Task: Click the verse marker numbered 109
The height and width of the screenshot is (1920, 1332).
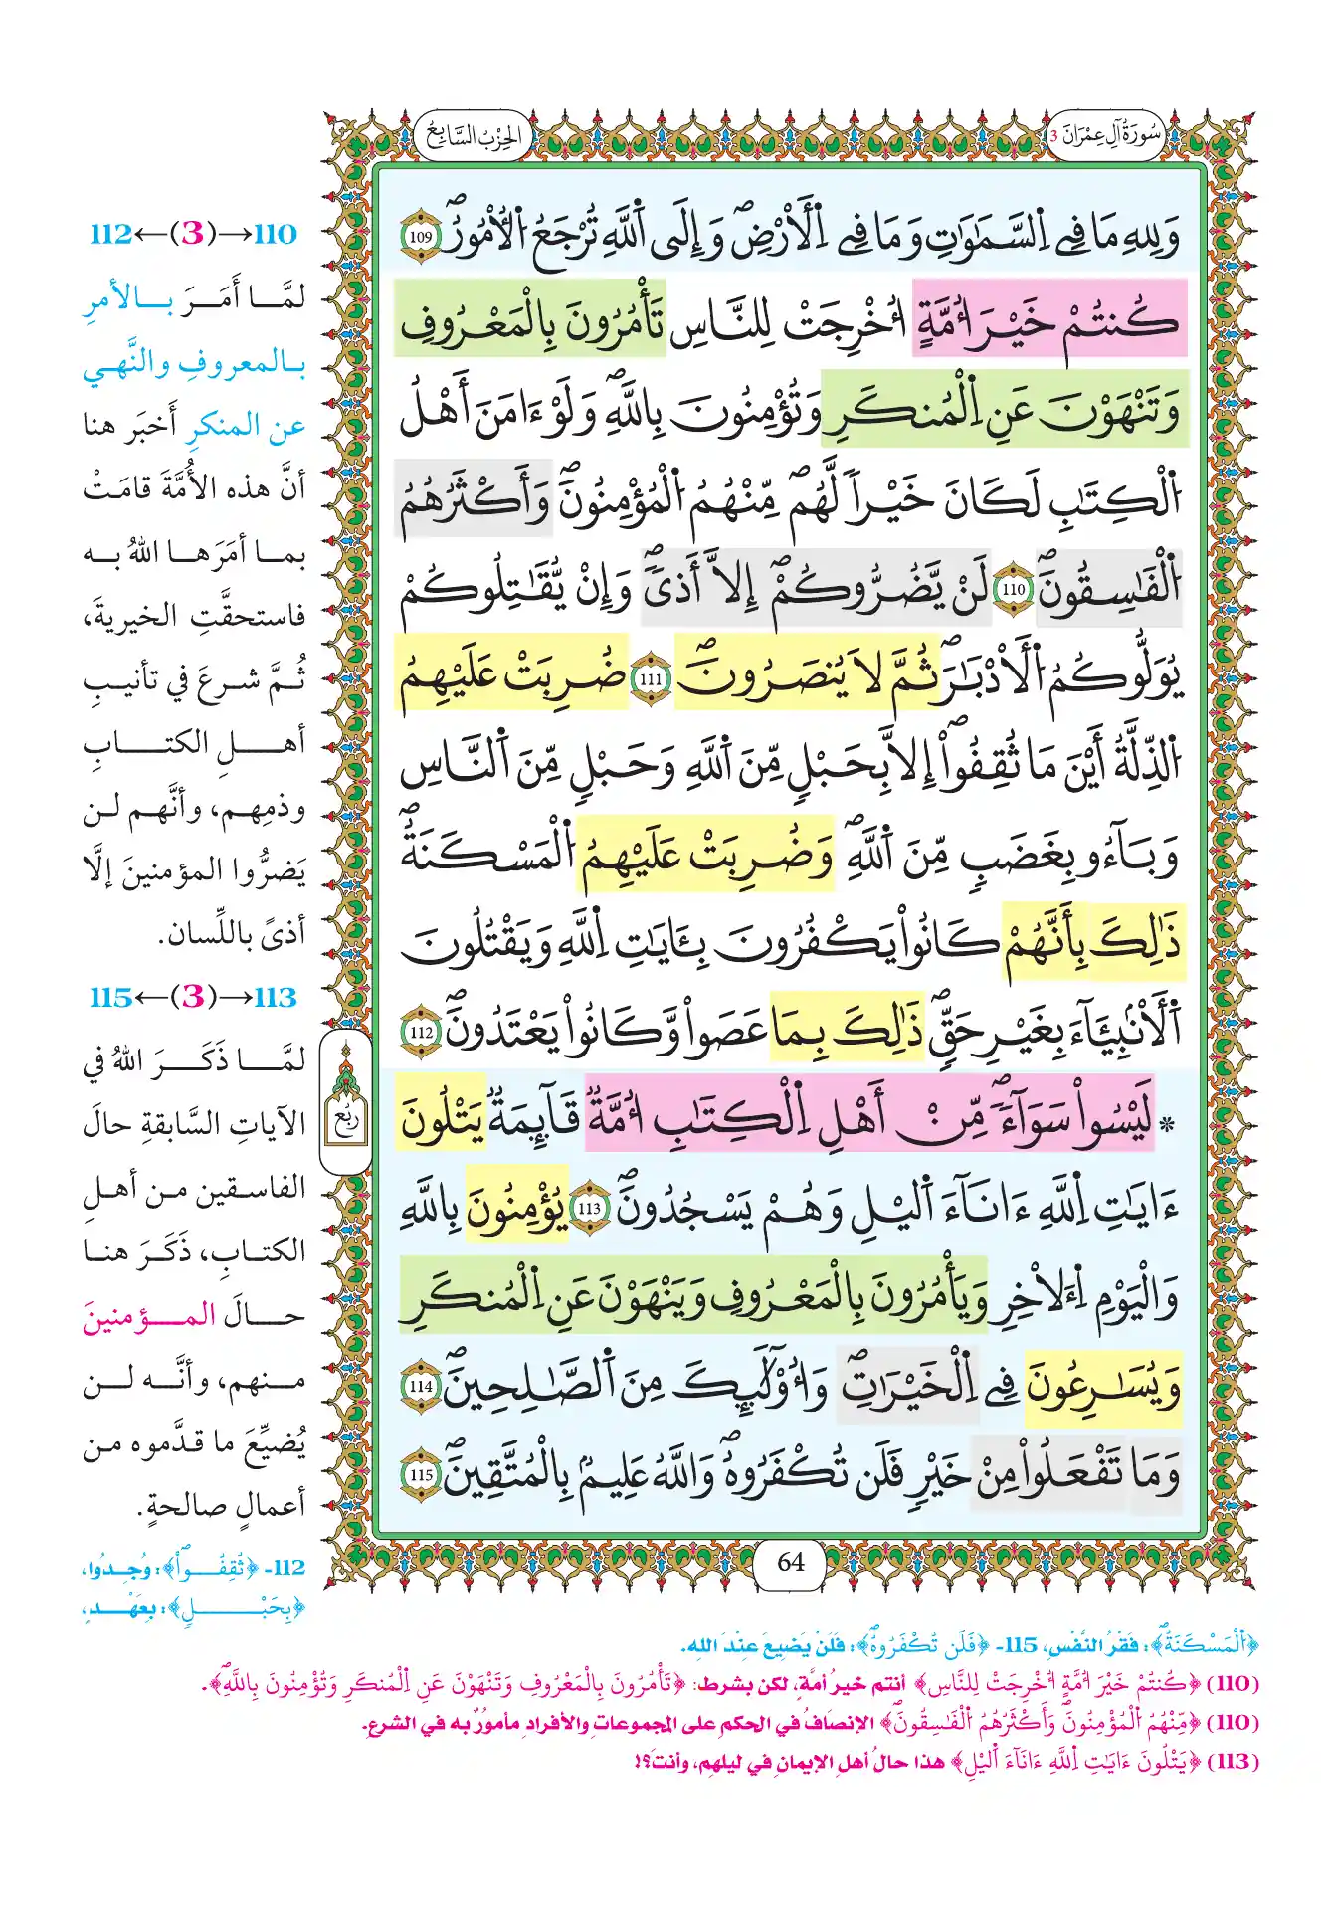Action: click(421, 238)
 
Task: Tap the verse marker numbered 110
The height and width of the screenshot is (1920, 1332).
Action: click(1014, 589)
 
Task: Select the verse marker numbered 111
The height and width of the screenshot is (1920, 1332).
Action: click(651, 679)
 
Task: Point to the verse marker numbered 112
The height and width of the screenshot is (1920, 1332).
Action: click(421, 1033)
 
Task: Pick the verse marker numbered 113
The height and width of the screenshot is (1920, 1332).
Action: click(590, 1208)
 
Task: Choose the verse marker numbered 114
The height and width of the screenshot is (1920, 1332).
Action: click(421, 1386)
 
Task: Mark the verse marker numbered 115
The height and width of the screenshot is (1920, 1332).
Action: click(421, 1474)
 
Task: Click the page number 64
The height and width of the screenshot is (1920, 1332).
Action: click(791, 1562)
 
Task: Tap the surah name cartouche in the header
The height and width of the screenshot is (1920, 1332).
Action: click(1107, 135)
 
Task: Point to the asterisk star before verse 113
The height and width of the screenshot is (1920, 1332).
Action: click(1169, 1125)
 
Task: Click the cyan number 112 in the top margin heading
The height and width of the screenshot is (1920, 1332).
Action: click(110, 234)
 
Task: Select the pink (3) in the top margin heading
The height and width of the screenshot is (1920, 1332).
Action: click(192, 234)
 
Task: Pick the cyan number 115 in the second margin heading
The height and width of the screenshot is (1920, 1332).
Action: click(110, 997)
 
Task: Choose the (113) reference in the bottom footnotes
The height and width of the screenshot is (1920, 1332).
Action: click(1233, 1761)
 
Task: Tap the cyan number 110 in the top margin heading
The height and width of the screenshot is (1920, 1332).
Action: click(275, 234)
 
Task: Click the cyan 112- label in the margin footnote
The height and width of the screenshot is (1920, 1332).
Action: click(287, 1568)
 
